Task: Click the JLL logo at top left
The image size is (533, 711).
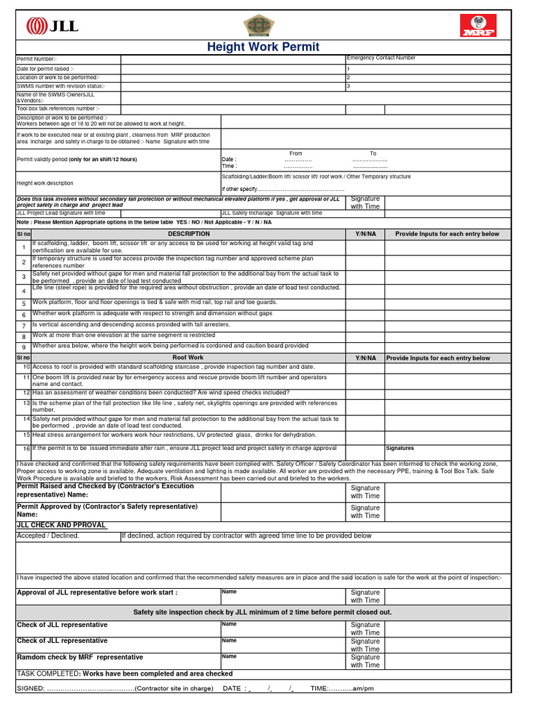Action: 52,26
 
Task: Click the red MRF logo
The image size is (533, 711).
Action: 478,26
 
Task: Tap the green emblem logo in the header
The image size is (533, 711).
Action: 255,26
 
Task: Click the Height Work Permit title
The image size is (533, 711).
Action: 263,47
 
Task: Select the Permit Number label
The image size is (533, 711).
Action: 38,60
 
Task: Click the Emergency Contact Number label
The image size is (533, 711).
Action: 380,58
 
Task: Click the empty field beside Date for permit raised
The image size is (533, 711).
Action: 232,69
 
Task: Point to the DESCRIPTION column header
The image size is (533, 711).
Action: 188,234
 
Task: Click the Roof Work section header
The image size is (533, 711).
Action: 188,358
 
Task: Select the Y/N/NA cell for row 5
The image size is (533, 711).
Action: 365,303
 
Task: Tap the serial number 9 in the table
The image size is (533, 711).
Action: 23,347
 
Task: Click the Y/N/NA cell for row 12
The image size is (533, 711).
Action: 365,393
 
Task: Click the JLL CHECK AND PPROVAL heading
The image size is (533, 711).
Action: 61,525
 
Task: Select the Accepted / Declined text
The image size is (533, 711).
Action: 48,536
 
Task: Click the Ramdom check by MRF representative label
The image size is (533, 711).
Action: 80,657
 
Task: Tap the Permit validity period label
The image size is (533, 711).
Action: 76,160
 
